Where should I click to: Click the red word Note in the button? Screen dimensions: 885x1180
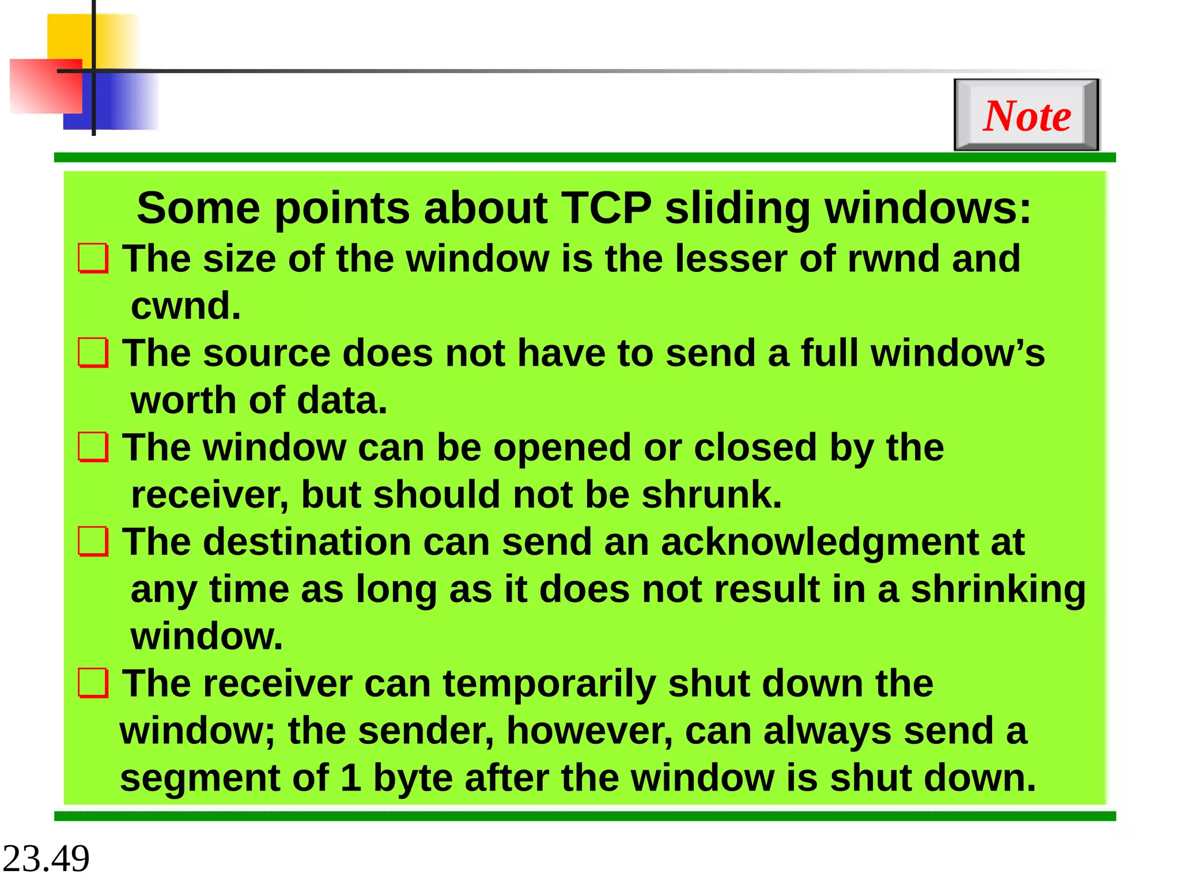(x=1027, y=116)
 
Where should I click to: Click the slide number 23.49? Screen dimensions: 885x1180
(x=46, y=858)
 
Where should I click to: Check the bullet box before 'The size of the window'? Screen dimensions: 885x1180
(x=93, y=258)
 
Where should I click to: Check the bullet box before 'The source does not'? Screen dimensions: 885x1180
(x=93, y=353)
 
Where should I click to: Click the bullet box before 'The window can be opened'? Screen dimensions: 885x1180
(x=93, y=448)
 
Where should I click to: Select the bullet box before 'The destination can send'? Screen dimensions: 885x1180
(x=93, y=542)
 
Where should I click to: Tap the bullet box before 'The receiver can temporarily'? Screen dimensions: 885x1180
(x=93, y=683)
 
